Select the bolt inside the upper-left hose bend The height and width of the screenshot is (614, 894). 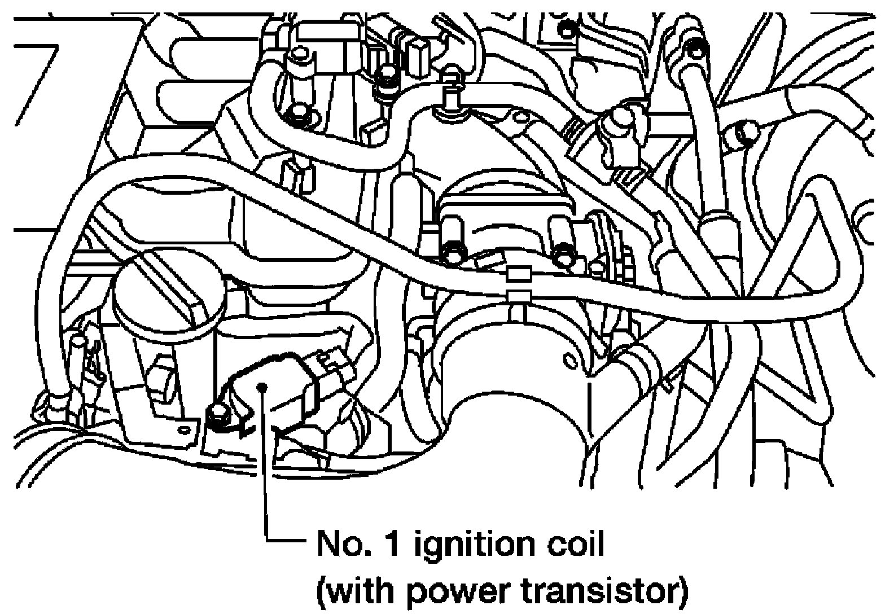coord(296,117)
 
